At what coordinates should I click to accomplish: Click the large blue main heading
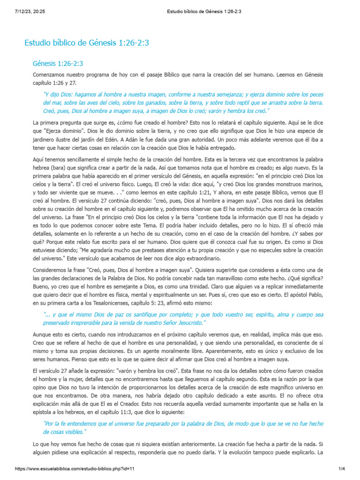(x=87, y=43)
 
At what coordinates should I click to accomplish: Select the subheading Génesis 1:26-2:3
(x=58, y=63)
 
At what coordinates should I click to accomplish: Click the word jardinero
(x=45, y=139)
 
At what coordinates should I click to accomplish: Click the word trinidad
(x=189, y=287)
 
